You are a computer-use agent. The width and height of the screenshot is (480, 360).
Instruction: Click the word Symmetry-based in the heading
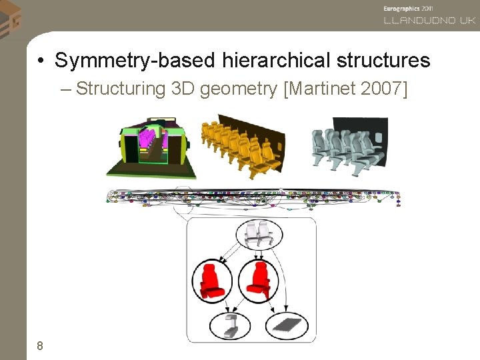pyautogui.click(x=133, y=61)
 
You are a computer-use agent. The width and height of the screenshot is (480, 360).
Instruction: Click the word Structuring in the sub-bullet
pyautogui.click(x=121, y=89)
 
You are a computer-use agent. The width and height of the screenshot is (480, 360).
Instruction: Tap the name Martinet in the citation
pyautogui.click(x=321, y=89)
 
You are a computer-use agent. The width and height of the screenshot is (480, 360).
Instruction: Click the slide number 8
pyautogui.click(x=40, y=345)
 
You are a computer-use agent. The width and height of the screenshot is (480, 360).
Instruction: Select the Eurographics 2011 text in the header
pyautogui.click(x=407, y=9)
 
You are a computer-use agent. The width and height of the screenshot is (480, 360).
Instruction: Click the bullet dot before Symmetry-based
pyautogui.click(x=41, y=61)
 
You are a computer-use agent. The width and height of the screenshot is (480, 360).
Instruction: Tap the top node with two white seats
pyautogui.click(x=256, y=234)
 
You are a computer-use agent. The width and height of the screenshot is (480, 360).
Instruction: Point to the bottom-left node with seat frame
pyautogui.click(x=231, y=325)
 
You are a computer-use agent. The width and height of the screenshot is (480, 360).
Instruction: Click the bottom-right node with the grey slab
pyautogui.click(x=287, y=325)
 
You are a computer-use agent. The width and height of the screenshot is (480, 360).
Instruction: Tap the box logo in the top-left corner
pyautogui.click(x=10, y=17)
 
